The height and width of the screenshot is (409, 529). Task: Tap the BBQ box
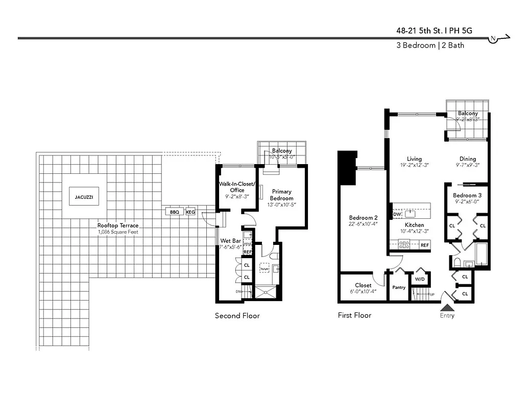(174, 212)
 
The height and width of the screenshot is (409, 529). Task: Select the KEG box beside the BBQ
(190, 212)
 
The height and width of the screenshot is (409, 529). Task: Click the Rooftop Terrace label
(118, 225)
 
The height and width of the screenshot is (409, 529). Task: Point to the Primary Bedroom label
(281, 195)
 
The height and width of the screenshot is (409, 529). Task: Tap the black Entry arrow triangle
(447, 307)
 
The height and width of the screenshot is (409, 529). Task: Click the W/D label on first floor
(420, 279)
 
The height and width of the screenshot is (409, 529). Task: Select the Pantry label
(399, 287)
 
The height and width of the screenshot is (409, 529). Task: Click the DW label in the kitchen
(397, 214)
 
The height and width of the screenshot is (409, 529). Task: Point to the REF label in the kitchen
(424, 245)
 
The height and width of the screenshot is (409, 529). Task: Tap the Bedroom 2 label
(363, 217)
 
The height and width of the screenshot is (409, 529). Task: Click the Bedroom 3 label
(467, 195)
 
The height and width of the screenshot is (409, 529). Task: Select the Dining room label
(467, 159)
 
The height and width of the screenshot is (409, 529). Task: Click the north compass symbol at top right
(494, 39)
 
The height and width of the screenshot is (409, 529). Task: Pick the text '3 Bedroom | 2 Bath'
(430, 45)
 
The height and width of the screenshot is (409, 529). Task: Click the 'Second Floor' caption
(237, 315)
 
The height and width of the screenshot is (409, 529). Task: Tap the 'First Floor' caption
(354, 315)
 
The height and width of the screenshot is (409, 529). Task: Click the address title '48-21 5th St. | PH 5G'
(434, 30)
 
